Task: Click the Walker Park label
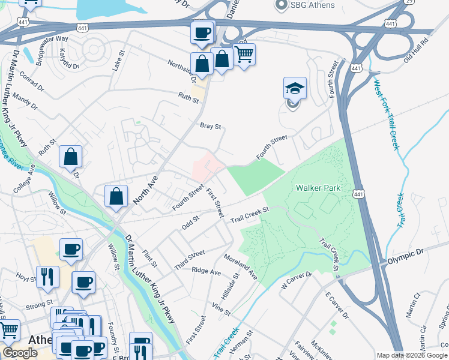point(318,188)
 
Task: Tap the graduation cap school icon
point(295,89)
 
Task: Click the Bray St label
point(211,127)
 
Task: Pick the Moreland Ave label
point(241,266)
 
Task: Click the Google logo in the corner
point(20,353)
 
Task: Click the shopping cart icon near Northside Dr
point(244,55)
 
